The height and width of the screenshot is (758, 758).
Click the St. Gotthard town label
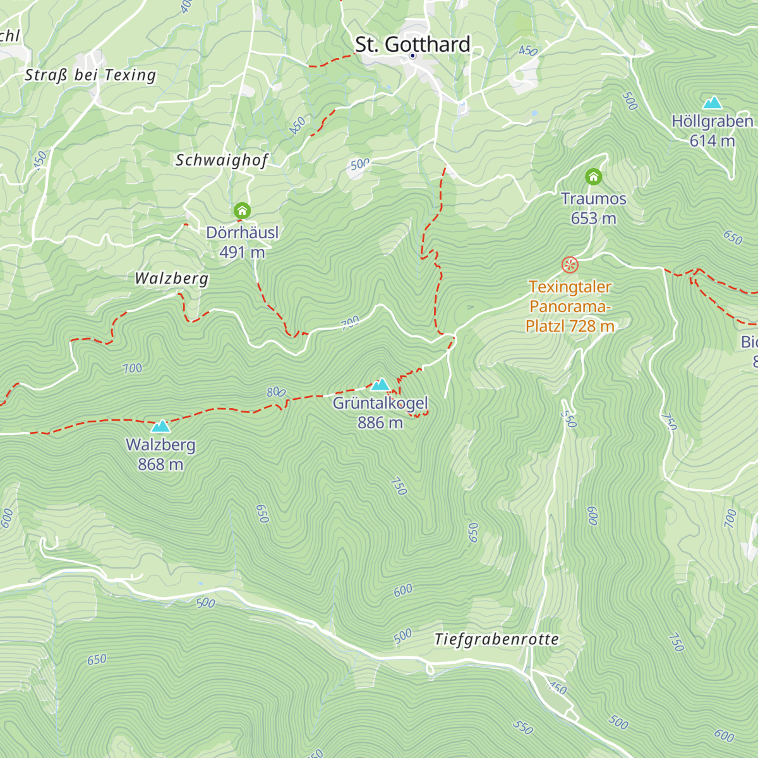(x=412, y=44)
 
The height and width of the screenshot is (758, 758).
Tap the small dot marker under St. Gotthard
(x=412, y=56)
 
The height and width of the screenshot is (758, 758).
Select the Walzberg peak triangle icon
(x=160, y=426)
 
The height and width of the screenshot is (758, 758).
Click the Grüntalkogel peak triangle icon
(x=380, y=385)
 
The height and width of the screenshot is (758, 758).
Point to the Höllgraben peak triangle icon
(x=713, y=102)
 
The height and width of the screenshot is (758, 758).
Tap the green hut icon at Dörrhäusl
(x=242, y=210)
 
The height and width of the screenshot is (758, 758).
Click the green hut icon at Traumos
(x=593, y=177)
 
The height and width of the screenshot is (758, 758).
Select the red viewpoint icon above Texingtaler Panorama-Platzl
(x=570, y=265)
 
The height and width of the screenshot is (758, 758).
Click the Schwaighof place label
(x=222, y=160)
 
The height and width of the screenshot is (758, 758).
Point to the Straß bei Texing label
(x=90, y=75)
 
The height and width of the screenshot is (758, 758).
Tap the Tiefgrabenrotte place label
(x=496, y=639)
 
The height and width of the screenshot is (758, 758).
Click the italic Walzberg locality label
(x=171, y=279)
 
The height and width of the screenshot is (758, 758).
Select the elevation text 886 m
(x=380, y=423)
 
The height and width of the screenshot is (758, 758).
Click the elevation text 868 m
(x=160, y=464)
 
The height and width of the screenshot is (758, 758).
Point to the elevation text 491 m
(x=242, y=252)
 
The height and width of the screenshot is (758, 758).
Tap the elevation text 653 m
(x=593, y=218)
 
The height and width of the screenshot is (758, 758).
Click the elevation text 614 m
(x=712, y=140)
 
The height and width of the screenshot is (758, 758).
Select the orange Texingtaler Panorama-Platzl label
(x=570, y=306)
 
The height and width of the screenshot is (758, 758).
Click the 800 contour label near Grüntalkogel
(x=276, y=392)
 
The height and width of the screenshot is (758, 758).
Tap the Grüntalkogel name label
(x=380, y=403)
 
